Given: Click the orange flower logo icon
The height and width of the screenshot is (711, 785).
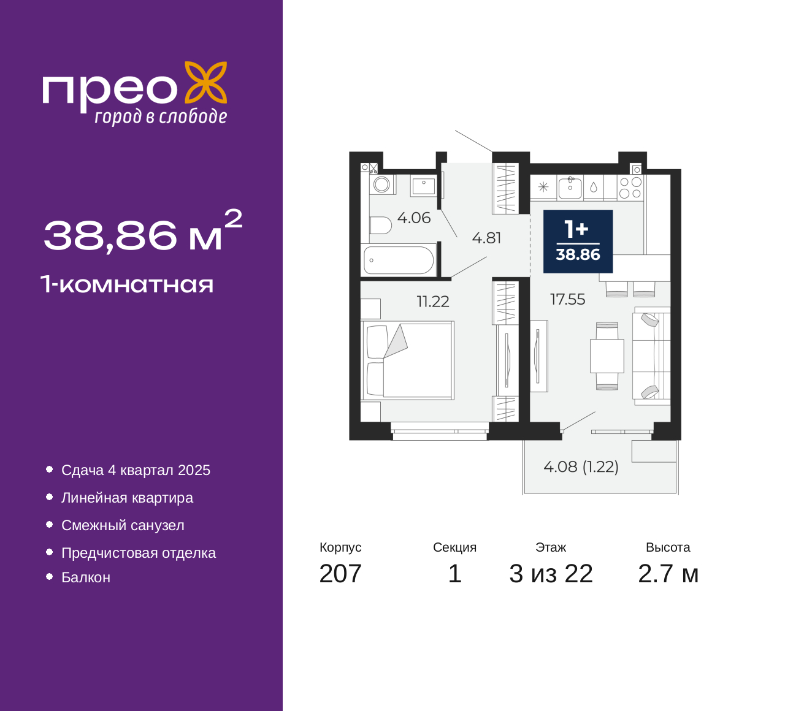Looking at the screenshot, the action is point(206,83).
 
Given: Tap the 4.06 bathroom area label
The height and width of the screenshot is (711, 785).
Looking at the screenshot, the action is point(413,218).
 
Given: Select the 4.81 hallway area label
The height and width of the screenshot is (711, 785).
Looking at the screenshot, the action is point(486,238).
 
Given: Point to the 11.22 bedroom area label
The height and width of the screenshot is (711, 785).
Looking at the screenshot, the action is point(433,302).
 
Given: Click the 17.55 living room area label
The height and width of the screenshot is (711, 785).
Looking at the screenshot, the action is point(567,300).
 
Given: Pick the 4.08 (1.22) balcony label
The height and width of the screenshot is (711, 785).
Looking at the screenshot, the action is point(581,467).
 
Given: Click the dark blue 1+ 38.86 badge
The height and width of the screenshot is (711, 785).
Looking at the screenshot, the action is point(578,241).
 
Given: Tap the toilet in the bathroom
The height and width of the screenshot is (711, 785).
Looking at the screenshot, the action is point(380,226).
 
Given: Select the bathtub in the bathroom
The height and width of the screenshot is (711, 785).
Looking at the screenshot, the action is point(399,260).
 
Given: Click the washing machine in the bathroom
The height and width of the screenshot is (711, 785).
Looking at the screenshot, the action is point(382,184).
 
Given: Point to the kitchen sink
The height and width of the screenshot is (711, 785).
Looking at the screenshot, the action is point(570,188).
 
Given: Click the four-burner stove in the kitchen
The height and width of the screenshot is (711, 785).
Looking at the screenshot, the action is point(630,188).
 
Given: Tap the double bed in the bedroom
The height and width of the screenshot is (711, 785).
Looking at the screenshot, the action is point(408,360).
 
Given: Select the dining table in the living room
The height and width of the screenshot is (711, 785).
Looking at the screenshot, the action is point(607,356).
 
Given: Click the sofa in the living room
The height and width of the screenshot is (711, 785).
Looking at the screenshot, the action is point(651,356).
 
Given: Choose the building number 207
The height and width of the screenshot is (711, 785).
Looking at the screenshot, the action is point(340,574).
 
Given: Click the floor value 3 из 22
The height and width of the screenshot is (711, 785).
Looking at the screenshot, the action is point(551,574).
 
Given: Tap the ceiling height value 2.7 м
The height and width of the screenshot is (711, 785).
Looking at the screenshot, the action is point(668,574).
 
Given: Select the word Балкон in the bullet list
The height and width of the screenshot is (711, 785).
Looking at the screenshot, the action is point(86,577).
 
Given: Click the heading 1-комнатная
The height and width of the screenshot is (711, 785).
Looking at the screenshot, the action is point(127,284).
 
